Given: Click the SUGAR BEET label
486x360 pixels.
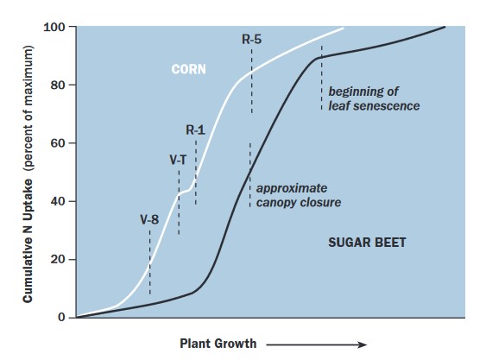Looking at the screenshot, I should pyautogui.click(x=367, y=243).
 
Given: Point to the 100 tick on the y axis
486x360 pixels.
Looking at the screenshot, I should pyautogui.click(x=57, y=27).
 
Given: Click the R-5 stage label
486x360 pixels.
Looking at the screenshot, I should pyautogui.click(x=252, y=39).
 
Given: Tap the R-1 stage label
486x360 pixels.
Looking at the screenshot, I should pyautogui.click(x=195, y=129).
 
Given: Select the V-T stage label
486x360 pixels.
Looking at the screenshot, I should pyautogui.click(x=178, y=160).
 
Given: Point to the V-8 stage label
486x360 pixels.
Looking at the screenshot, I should pyautogui.click(x=149, y=219).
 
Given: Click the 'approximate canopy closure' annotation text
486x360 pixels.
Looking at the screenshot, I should pyautogui.click(x=298, y=194).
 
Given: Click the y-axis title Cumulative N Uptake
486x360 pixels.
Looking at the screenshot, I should pyautogui.click(x=28, y=173).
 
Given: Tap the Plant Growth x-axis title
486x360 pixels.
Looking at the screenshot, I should pyautogui.click(x=218, y=344).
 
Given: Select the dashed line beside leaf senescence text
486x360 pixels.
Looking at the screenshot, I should pyautogui.click(x=321, y=78).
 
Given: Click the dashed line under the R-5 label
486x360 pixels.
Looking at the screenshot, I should pyautogui.click(x=252, y=82).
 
